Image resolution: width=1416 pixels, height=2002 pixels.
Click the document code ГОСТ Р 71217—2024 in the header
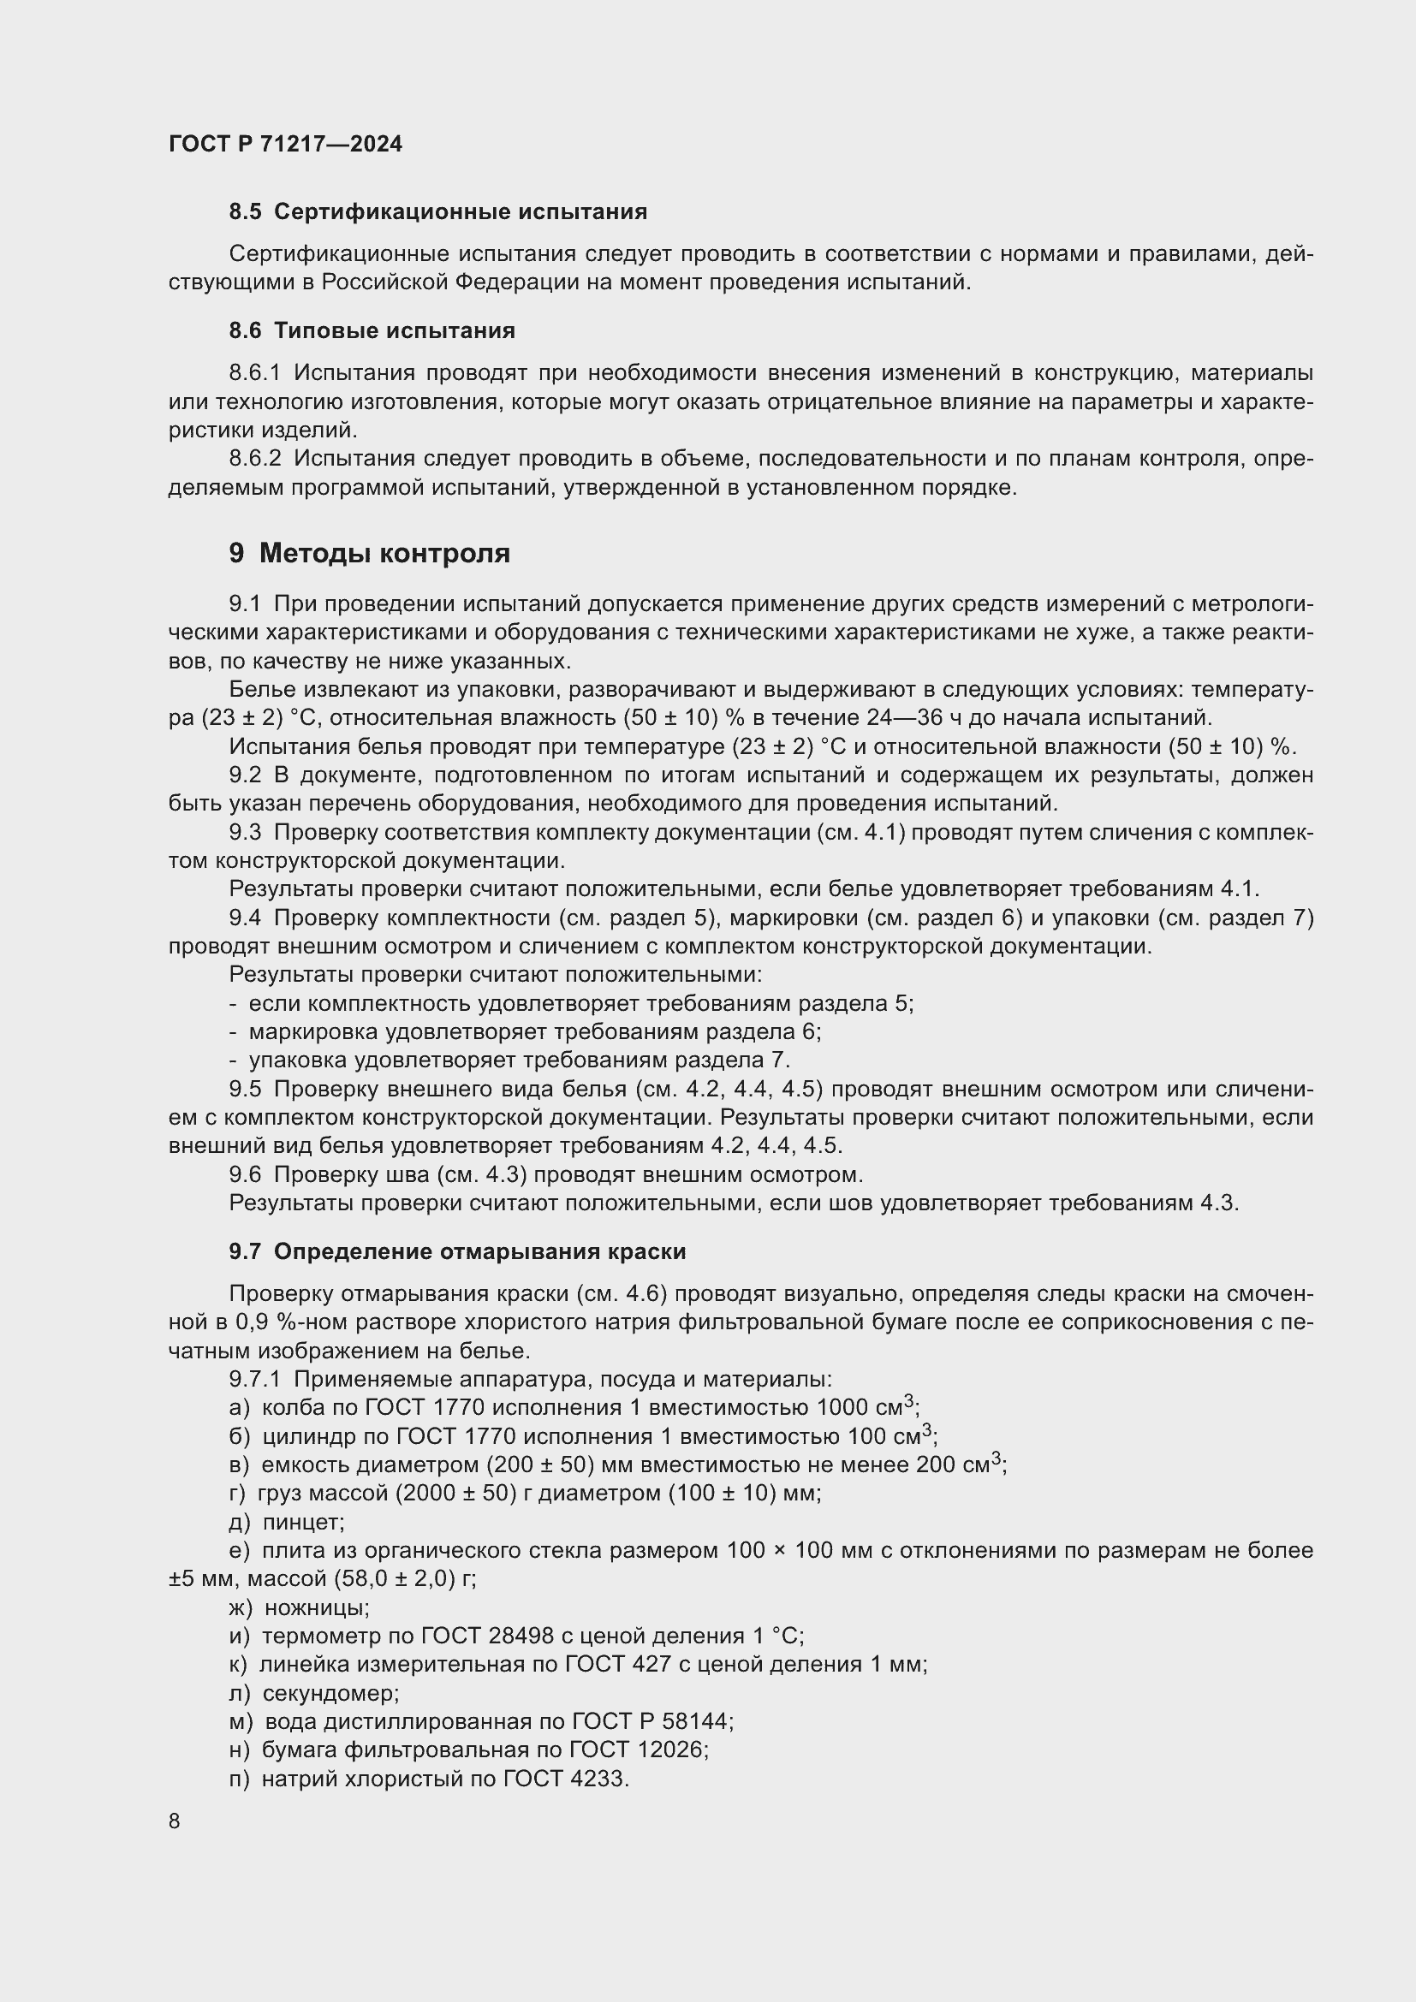click(x=285, y=144)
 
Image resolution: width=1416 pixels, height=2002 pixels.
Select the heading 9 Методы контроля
click(x=370, y=553)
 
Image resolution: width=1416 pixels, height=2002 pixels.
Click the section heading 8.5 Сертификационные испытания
click(x=437, y=212)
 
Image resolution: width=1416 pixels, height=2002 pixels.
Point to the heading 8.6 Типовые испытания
click(x=372, y=330)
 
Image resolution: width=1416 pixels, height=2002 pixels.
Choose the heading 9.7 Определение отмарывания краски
click(x=457, y=1251)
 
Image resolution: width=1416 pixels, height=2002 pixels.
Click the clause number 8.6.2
click(x=254, y=459)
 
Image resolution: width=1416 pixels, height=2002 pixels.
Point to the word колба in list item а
click(x=286, y=1408)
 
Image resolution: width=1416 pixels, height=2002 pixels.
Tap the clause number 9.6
click(x=245, y=1174)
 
